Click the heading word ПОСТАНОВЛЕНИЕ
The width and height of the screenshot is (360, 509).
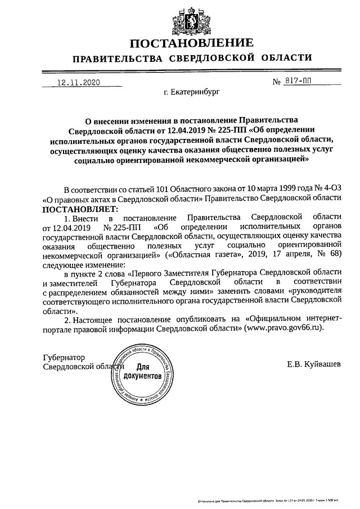(180, 44)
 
